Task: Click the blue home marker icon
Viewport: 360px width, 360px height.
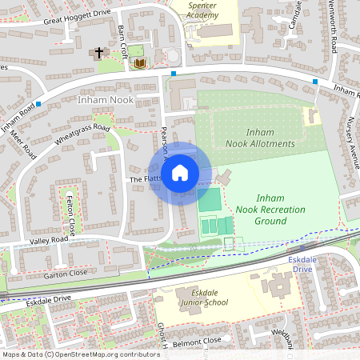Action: click(x=180, y=173)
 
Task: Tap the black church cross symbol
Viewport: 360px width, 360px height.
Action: click(x=99, y=53)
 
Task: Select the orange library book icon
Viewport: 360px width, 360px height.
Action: click(x=139, y=62)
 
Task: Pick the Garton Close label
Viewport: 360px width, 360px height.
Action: click(x=66, y=274)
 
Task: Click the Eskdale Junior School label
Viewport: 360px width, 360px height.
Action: click(x=205, y=298)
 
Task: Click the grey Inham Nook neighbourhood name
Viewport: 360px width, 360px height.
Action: click(x=105, y=100)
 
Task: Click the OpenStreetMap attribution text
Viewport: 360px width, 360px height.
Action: click(x=80, y=354)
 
